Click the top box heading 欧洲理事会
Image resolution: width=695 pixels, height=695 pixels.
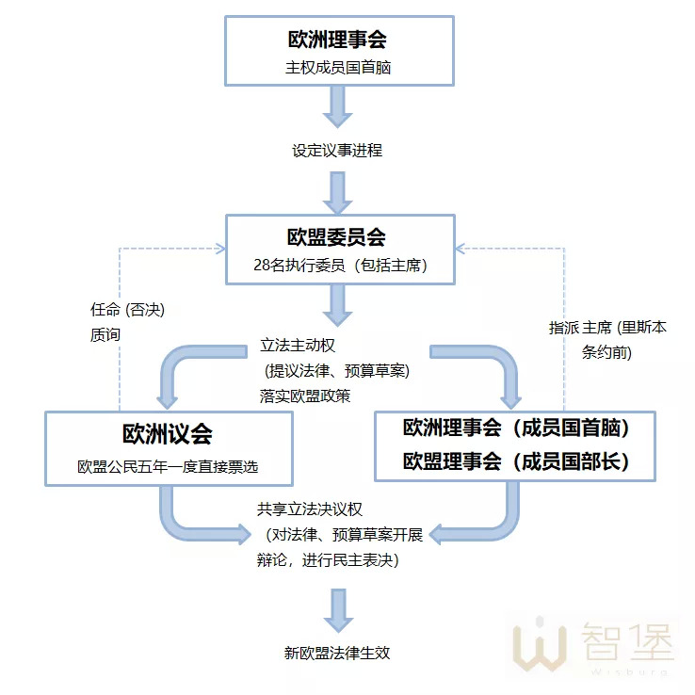pos(337,40)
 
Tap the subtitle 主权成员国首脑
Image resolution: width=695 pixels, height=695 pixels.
pos(337,68)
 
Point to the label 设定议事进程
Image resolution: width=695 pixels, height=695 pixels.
pos(337,151)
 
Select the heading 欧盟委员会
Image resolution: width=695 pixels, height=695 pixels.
pos(337,237)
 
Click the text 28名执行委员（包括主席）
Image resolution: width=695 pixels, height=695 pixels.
pos(337,266)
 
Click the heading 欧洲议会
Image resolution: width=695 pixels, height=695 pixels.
pos(168,434)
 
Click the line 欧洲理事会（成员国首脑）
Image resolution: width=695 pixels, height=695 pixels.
pos(515,428)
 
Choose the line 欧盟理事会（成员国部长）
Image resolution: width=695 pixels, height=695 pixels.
pos(515,462)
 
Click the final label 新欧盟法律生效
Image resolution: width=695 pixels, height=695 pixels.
pos(337,653)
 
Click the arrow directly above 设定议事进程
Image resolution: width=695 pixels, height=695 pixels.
pos(337,106)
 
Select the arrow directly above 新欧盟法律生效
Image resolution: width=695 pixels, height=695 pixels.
pos(337,610)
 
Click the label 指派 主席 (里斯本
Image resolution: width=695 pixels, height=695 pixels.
pos(607,328)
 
